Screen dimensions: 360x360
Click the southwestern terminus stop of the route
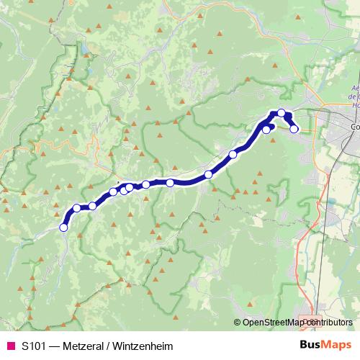(63, 228)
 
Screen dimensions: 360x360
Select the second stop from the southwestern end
(77, 208)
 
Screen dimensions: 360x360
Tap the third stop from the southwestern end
(92, 207)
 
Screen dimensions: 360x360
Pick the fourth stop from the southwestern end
(113, 192)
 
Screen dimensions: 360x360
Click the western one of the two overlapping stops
(124, 190)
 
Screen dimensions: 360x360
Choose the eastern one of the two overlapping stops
(129, 188)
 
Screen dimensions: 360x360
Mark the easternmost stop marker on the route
(294, 129)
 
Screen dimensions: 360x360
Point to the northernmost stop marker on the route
(282, 112)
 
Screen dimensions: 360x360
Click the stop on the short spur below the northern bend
(266, 130)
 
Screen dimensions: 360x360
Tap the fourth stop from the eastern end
(233, 154)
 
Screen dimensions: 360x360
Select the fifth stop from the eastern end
(209, 174)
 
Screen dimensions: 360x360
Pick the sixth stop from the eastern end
(170, 183)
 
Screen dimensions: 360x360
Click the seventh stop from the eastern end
(146, 184)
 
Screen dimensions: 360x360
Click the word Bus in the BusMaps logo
(311, 345)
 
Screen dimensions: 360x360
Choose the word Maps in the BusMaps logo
(337, 345)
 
